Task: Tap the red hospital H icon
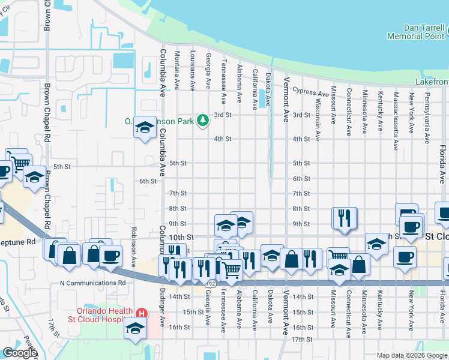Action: click(x=142, y=313)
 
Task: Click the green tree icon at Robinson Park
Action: click(x=203, y=121)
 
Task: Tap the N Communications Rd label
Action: click(x=92, y=283)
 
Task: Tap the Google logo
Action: click(x=20, y=353)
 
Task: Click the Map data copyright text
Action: click(x=412, y=355)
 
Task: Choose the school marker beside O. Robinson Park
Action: click(x=145, y=127)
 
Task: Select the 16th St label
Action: click(x=178, y=328)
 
